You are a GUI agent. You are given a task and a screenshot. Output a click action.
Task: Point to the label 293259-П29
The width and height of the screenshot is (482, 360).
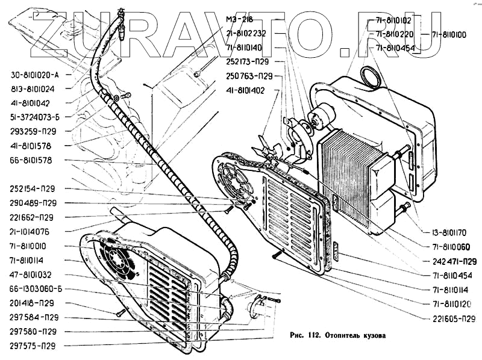(34, 131)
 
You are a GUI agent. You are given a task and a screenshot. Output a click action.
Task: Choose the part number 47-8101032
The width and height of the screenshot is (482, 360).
(34, 274)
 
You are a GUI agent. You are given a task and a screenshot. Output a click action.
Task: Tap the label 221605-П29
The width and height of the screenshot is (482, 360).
(454, 319)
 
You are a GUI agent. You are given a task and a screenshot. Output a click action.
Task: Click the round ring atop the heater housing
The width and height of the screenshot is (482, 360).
(370, 76)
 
